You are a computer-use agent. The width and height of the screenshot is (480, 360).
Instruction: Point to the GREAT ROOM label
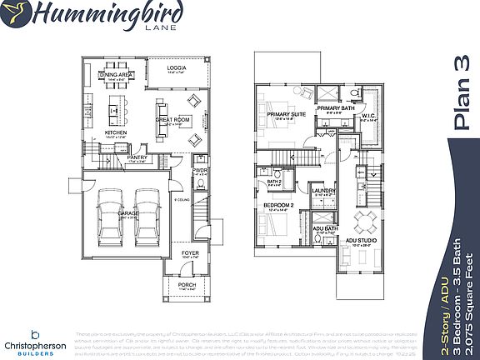click(174, 119)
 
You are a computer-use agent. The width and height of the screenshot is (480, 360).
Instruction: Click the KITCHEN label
click(114, 132)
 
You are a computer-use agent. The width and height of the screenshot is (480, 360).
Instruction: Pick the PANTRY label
click(137, 157)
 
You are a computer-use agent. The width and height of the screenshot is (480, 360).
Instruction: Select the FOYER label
click(191, 254)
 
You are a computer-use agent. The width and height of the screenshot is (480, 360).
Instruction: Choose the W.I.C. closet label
click(368, 116)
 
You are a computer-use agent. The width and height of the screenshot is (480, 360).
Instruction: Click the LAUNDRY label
click(323, 191)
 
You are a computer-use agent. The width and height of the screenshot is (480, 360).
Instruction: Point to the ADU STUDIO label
click(360, 241)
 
